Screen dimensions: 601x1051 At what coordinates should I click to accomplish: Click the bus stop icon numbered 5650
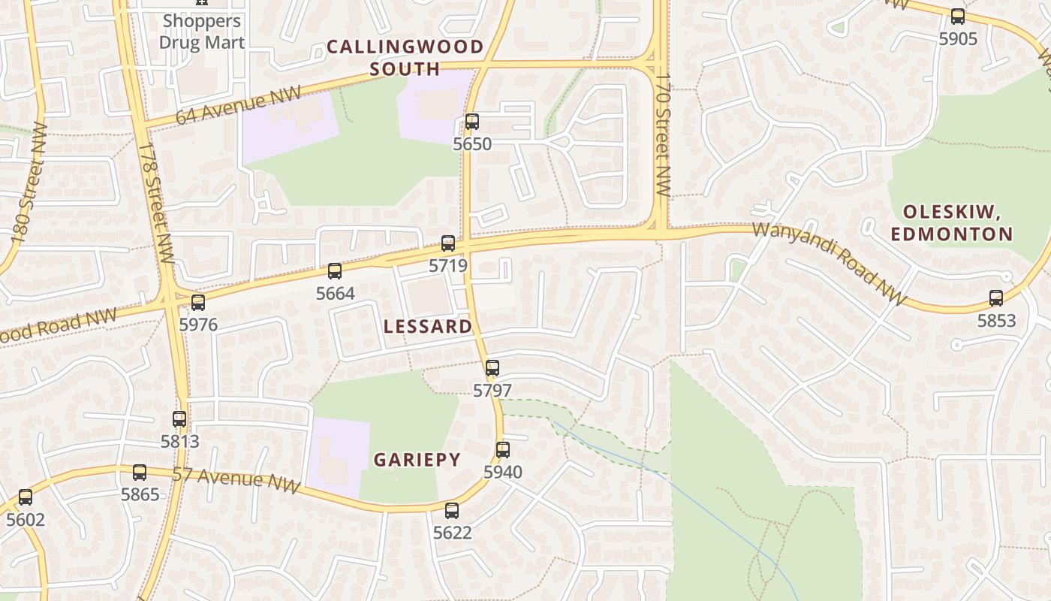[x=471, y=121]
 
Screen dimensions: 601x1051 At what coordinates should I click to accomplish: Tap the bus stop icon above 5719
[x=448, y=243]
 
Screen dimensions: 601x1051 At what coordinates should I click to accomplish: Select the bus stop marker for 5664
[x=335, y=270]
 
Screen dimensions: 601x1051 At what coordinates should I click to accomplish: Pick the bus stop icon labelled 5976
[x=198, y=302]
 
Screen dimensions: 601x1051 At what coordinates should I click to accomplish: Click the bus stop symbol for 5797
[x=492, y=368]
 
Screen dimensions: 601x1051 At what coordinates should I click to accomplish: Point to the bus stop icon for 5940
[x=503, y=450]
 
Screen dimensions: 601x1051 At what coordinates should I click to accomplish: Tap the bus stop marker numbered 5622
[x=452, y=510]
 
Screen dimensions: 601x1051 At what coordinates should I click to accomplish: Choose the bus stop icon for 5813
[x=179, y=418]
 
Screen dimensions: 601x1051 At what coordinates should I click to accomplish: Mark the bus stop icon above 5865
[x=140, y=472]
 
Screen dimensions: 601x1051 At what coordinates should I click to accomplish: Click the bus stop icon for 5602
[x=26, y=497]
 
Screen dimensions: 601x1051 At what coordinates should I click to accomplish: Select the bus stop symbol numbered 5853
[x=996, y=297]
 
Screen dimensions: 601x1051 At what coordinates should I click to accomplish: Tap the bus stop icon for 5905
[x=958, y=16]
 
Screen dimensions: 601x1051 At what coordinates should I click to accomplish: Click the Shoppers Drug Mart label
[x=202, y=32]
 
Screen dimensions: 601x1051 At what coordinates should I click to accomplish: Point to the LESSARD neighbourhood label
[x=428, y=326]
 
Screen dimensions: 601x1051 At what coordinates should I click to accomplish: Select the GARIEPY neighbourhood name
[x=417, y=460]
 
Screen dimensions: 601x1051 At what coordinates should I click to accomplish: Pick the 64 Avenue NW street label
[x=238, y=105]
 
